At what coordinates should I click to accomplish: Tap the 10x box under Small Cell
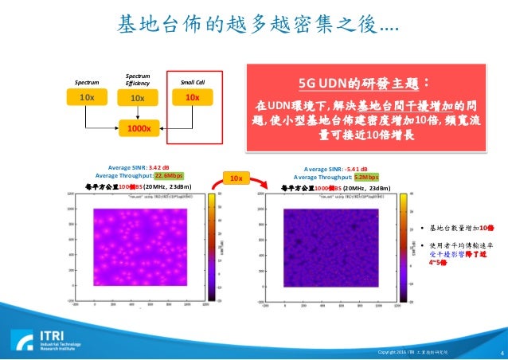tap(191, 97)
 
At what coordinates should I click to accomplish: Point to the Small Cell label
tap(191, 82)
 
